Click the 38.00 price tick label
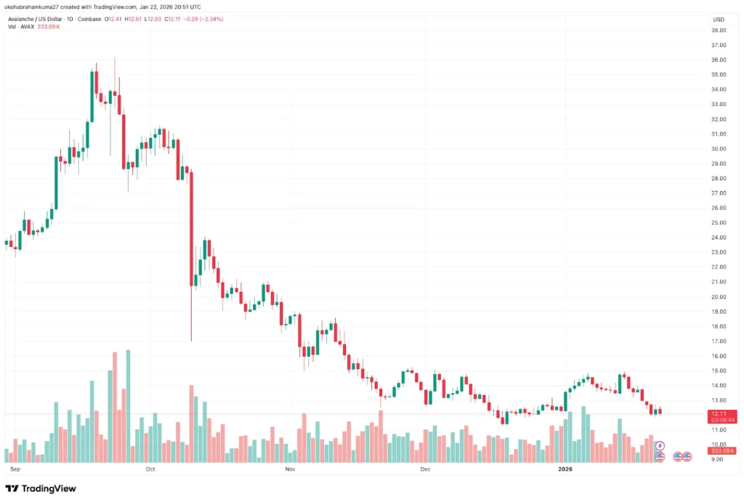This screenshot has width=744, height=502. pos(719,31)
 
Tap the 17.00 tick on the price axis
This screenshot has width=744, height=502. pos(719,341)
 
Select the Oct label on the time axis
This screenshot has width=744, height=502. pos(150,469)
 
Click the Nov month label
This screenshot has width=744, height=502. pos(289,469)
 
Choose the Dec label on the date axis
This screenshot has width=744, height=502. pos(426,469)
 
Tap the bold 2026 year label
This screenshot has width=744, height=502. pos(566,469)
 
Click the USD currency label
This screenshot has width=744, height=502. pos(719,19)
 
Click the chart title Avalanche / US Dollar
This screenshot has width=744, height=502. pos(34,19)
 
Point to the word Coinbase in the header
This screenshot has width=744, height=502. pos(93,19)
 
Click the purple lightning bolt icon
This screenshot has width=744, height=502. pos(660,445)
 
